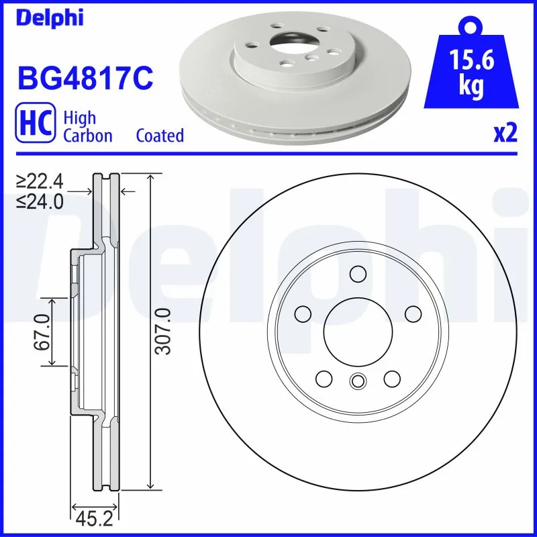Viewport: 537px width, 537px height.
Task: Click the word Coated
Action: pos(160,136)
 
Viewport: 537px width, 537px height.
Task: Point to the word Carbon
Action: pos(87,136)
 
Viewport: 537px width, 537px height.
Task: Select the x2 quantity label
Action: pos(505,134)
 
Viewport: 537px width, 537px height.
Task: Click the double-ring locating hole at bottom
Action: pos(357,381)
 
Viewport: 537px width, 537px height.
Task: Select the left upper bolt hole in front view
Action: pos(303,313)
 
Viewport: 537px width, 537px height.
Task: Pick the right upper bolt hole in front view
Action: pos(411,313)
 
